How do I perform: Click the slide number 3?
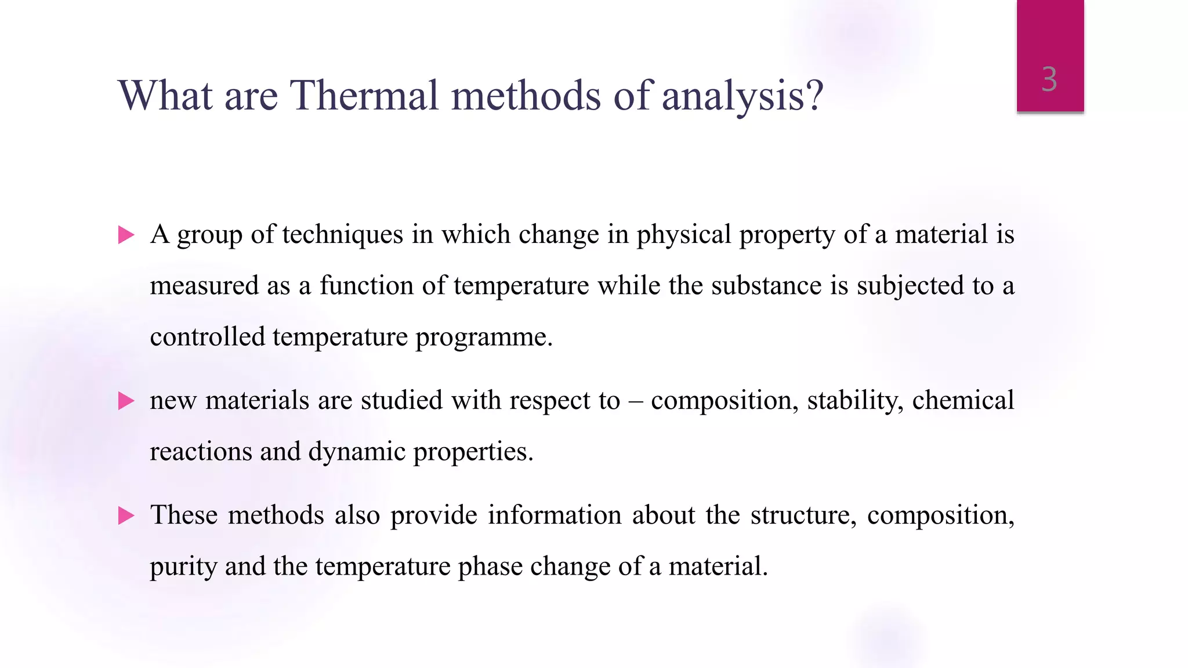click(1049, 79)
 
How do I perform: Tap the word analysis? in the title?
click(742, 96)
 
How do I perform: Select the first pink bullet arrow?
click(126, 235)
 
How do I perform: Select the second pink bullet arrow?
click(126, 401)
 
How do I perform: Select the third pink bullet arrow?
click(126, 515)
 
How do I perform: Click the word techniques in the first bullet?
click(342, 235)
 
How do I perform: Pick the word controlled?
click(207, 337)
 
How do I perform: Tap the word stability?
click(855, 401)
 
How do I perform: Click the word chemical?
click(963, 401)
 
